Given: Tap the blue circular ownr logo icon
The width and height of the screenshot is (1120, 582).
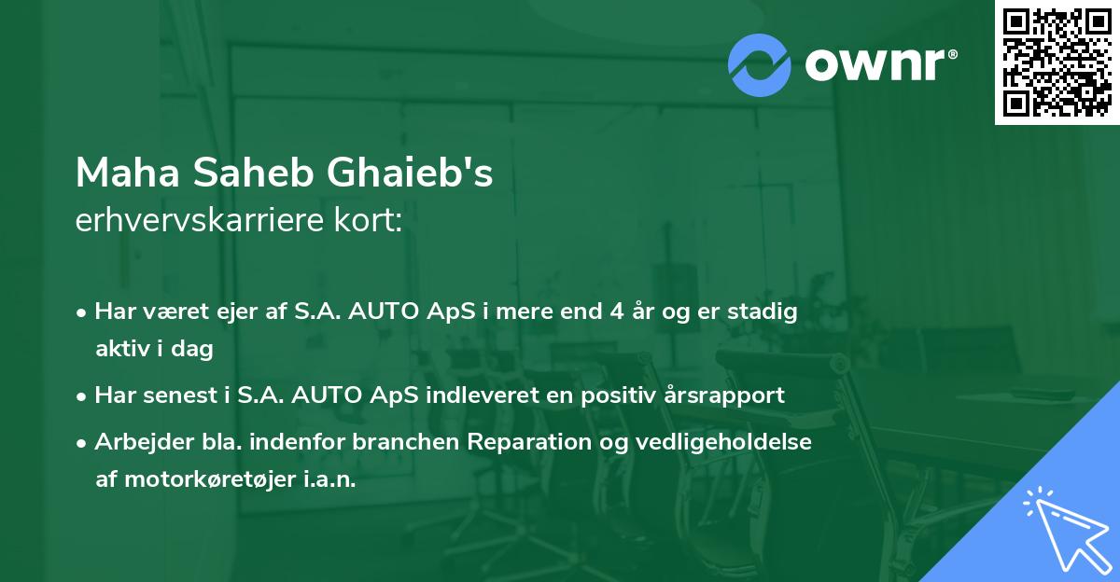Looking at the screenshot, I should tap(760, 65).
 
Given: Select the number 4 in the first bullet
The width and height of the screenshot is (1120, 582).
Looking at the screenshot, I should tap(615, 312).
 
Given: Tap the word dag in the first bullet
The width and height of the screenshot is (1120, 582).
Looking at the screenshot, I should tap(196, 349).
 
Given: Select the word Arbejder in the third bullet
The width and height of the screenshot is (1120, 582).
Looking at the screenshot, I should tap(136, 441).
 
